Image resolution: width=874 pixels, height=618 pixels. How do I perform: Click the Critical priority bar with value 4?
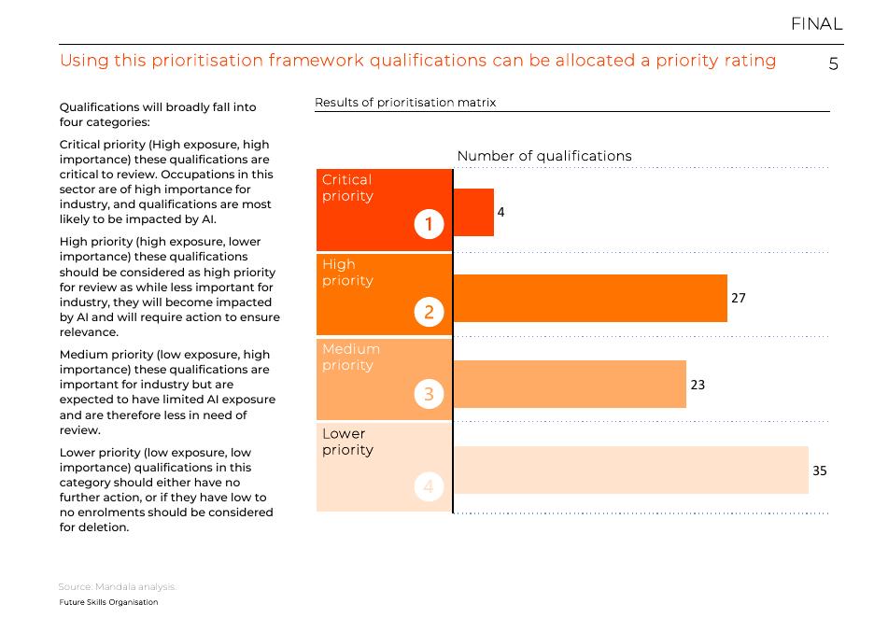click(473, 212)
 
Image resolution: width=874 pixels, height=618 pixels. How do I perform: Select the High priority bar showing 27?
click(589, 298)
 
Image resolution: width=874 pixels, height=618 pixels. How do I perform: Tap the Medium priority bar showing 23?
click(569, 384)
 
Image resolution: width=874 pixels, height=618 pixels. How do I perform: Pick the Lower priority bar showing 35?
click(630, 470)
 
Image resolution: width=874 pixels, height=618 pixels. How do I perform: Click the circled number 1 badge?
click(429, 224)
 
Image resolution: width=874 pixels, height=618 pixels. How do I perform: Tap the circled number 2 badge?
click(429, 312)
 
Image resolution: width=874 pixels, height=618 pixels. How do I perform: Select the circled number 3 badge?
click(429, 394)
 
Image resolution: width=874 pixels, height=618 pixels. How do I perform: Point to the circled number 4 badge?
click(429, 486)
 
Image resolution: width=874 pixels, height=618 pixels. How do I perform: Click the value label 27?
click(739, 298)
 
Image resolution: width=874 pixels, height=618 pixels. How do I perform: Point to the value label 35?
click(819, 471)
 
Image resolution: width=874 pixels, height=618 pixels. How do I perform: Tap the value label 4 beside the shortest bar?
click(500, 212)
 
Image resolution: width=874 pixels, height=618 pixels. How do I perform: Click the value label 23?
click(698, 384)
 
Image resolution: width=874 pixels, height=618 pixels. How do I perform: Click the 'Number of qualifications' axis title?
click(544, 156)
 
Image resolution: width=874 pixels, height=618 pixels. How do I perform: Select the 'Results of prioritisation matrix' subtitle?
click(405, 103)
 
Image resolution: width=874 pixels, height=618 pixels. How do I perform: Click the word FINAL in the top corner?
click(816, 24)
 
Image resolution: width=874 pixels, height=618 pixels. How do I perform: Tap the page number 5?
click(834, 64)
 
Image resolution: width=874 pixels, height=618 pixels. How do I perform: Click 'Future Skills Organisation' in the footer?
click(108, 602)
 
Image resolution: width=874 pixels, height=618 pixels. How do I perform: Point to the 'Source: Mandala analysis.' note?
click(117, 586)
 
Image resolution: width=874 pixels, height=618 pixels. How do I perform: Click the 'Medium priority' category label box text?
click(351, 357)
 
